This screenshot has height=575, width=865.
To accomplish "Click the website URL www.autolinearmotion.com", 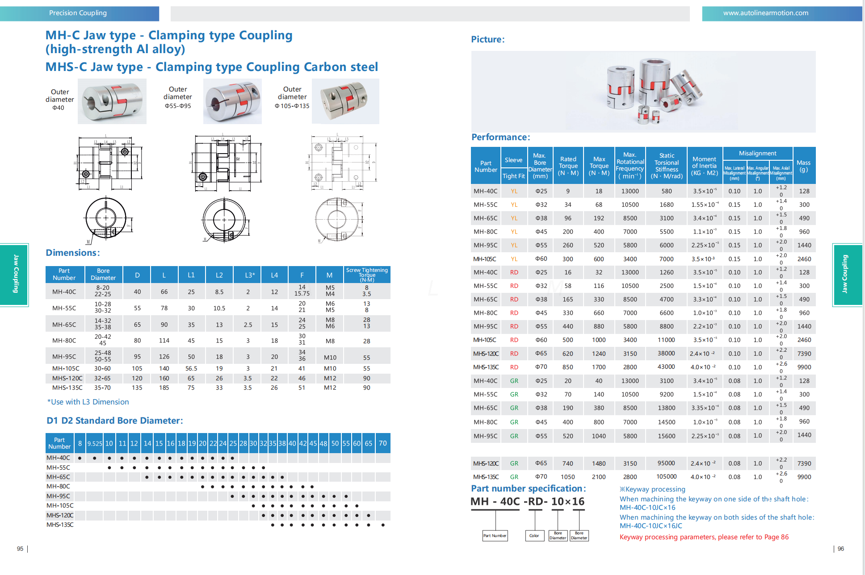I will [765, 13].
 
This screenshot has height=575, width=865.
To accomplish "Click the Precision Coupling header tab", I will [78, 13].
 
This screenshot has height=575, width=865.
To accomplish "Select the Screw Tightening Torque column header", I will [367, 275].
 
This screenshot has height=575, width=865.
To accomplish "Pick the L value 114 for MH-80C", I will [164, 341].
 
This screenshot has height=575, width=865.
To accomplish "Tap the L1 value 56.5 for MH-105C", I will [191, 369].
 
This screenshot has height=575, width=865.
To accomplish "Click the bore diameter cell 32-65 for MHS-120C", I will [102, 379].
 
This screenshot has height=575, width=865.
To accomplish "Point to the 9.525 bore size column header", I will [95, 444].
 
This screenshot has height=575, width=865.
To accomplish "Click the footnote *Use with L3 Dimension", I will [88, 402].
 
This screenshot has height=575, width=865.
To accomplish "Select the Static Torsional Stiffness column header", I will [666, 166].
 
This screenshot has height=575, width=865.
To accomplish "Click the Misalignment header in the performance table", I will [757, 153].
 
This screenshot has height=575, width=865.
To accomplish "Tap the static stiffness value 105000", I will [666, 477].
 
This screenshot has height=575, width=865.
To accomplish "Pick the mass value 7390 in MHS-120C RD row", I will [804, 354].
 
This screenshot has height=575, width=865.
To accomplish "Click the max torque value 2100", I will [599, 477].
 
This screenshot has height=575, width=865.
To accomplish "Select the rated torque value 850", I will [567, 367].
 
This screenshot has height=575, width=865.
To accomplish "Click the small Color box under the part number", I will [534, 536].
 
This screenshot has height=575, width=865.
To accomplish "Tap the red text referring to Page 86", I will [704, 537].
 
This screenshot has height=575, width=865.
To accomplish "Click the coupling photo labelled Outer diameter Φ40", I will [112, 101].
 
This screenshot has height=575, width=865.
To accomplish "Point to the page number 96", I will [840, 549].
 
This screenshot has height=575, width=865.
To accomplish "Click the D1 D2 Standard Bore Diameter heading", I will [114, 421].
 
